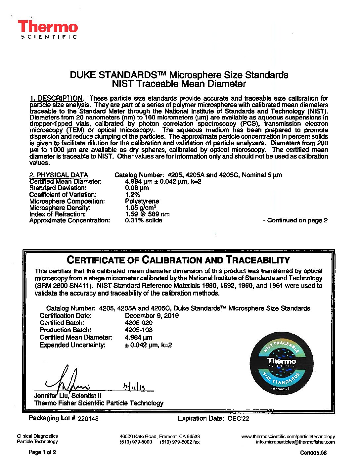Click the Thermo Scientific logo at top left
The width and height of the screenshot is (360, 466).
click(48, 29)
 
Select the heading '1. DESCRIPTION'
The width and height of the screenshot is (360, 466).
click(56, 98)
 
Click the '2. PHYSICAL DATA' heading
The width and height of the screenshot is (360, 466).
click(59, 175)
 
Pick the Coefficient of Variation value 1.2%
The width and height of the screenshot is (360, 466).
click(132, 195)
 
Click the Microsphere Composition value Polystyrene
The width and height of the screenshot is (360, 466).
click(142, 201)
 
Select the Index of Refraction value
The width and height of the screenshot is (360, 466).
click(147, 214)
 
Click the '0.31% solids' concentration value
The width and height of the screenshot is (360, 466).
click(144, 220)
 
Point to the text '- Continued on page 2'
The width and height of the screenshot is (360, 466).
click(295, 220)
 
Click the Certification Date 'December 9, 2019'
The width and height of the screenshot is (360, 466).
click(152, 316)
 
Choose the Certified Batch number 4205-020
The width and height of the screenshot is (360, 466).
click(139, 323)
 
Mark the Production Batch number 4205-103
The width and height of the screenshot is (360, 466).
click(139, 330)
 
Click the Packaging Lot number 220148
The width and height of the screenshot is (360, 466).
click(88, 419)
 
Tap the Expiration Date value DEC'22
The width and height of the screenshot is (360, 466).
click(238, 419)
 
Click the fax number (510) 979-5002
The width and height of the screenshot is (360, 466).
click(180, 442)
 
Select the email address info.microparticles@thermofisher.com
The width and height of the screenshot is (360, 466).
click(295, 442)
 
